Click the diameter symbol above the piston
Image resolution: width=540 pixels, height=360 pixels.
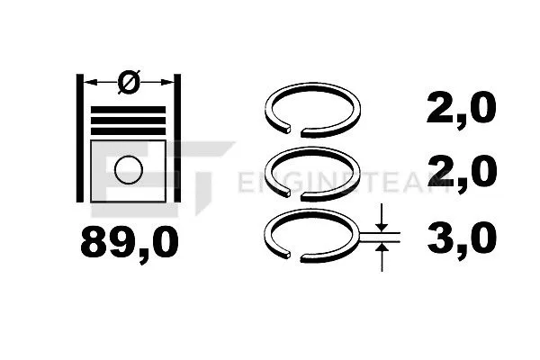[x=128, y=83]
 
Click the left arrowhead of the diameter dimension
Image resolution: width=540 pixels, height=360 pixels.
[x=90, y=84]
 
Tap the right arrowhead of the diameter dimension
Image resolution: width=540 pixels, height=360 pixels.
[x=168, y=84]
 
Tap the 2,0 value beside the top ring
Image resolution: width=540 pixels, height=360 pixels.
[x=462, y=110]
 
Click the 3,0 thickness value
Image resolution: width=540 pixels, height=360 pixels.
[x=462, y=241]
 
